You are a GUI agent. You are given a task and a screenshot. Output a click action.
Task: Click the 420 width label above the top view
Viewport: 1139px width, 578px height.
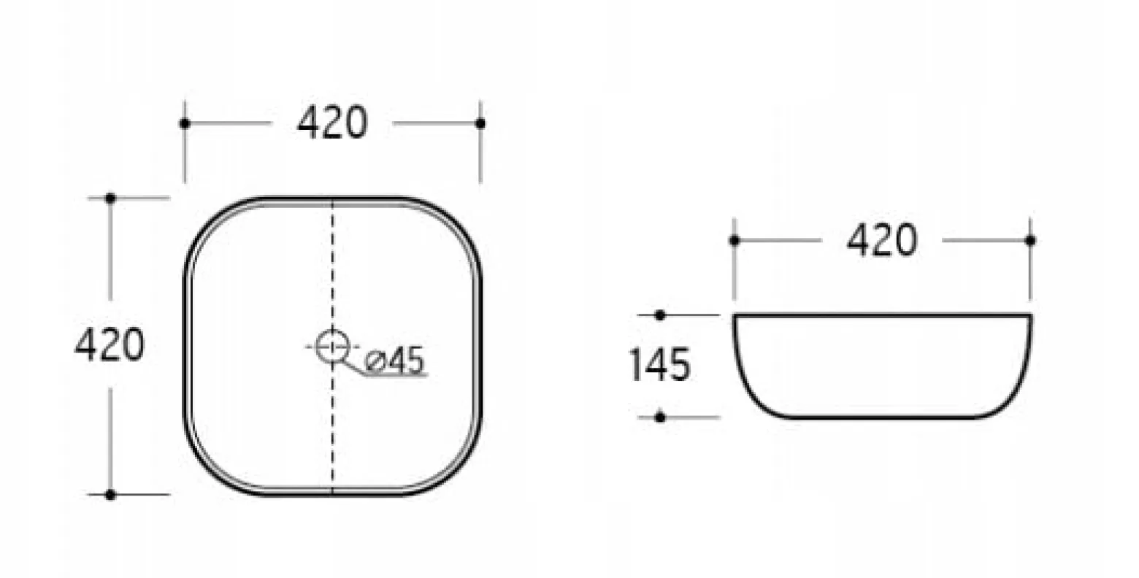(331, 123)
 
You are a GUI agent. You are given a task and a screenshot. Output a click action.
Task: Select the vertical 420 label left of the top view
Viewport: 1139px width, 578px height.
(110, 344)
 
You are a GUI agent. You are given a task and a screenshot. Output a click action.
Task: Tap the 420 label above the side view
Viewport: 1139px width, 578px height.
(882, 240)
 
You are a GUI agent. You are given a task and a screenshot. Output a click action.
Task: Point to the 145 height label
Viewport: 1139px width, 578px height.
(659, 364)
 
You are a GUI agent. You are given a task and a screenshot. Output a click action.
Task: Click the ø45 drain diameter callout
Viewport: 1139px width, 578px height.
(394, 361)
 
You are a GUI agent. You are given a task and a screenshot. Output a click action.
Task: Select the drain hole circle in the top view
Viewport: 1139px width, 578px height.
(332, 346)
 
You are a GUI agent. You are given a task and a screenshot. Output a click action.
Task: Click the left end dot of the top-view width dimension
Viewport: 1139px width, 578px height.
(185, 123)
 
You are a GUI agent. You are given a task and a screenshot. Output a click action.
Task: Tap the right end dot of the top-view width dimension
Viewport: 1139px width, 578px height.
(480, 123)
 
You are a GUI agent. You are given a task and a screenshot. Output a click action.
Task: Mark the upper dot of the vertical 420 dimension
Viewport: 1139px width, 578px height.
(110, 198)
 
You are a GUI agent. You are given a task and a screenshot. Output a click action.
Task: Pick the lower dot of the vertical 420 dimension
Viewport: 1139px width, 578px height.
(110, 494)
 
